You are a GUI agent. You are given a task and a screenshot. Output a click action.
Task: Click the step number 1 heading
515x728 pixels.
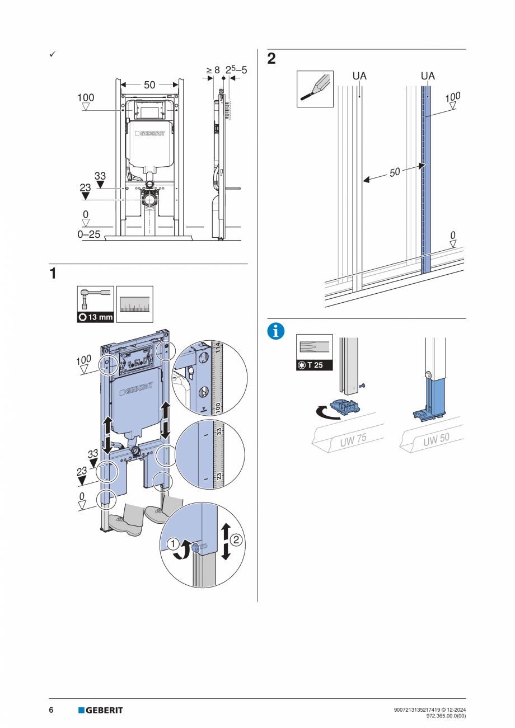pyautogui.click(x=53, y=274)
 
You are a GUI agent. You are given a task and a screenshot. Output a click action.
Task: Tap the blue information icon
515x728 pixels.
pyautogui.click(x=276, y=331)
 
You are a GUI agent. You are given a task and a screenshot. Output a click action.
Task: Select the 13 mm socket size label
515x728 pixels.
pyautogui.click(x=95, y=317)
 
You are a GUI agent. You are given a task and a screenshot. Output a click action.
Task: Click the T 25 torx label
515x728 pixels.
pyautogui.click(x=315, y=365)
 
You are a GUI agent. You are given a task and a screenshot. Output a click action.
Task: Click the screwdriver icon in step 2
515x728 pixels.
pyautogui.click(x=314, y=89)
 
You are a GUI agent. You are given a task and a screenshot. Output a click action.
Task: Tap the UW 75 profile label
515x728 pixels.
pyautogui.click(x=353, y=440)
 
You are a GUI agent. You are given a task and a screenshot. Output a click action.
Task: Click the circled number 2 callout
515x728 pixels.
pyautogui.click(x=236, y=540)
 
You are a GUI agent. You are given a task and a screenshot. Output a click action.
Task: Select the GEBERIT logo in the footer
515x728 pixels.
pyautogui.click(x=100, y=710)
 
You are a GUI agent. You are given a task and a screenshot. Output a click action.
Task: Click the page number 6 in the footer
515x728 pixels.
pyautogui.click(x=51, y=710)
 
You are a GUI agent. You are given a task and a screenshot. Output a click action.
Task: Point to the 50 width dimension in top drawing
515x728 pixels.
pyautogui.click(x=149, y=85)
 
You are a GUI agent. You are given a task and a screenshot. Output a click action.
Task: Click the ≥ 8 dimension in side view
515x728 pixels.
pyautogui.click(x=213, y=71)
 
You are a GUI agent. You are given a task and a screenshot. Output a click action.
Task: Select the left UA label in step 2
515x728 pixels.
pyautogui.click(x=359, y=76)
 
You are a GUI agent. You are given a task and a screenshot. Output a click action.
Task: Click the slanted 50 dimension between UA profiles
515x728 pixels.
pyautogui.click(x=395, y=172)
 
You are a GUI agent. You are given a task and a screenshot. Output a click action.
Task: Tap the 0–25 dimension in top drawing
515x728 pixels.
pyautogui.click(x=89, y=234)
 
